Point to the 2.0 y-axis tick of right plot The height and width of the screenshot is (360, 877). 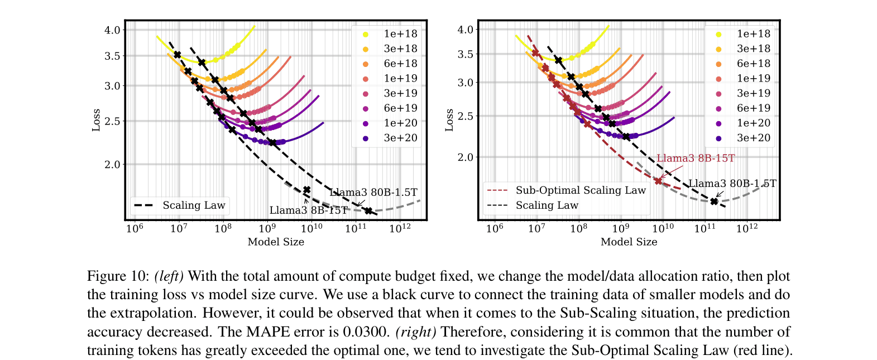point(465,157)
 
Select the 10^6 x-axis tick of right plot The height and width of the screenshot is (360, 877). point(495,228)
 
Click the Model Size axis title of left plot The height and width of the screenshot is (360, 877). point(276,242)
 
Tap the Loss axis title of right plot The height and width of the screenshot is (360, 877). point(449,121)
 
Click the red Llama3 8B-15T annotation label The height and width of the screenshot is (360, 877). point(695,159)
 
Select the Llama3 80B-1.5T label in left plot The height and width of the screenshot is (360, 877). point(373,193)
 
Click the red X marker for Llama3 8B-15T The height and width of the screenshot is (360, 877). point(659,181)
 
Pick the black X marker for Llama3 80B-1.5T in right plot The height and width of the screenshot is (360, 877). point(714,201)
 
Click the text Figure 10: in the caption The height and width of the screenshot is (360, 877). point(118,276)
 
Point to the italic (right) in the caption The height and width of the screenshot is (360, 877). point(416,332)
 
